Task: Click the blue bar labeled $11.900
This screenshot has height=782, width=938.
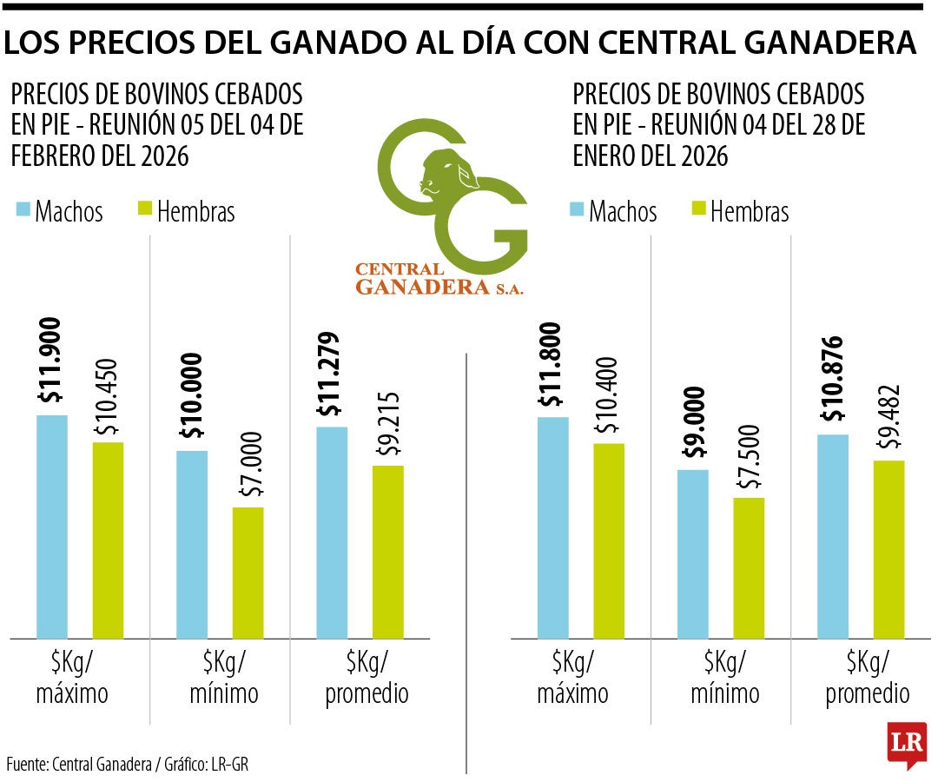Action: (51, 527)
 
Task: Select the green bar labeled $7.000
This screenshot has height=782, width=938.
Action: (248, 573)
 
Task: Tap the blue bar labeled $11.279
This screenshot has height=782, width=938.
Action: (332, 533)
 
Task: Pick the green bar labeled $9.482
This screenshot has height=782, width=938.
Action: (888, 549)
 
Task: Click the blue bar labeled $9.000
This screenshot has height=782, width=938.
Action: (693, 554)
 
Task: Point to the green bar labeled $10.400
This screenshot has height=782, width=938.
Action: (609, 540)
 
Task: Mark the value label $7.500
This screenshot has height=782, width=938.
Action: (749, 457)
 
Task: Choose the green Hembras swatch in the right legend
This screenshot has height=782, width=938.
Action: (699, 210)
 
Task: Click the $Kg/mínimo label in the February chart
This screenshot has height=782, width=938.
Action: (219, 678)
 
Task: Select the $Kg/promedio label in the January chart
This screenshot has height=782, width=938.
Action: (867, 679)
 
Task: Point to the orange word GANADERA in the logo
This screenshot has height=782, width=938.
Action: (422, 288)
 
